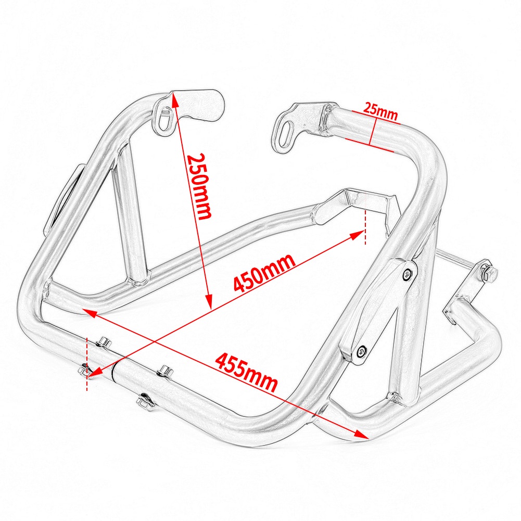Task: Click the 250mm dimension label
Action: point(199,186)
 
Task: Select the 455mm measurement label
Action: point(247,373)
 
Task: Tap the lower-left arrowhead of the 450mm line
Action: point(94,373)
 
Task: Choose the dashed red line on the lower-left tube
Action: point(87,364)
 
